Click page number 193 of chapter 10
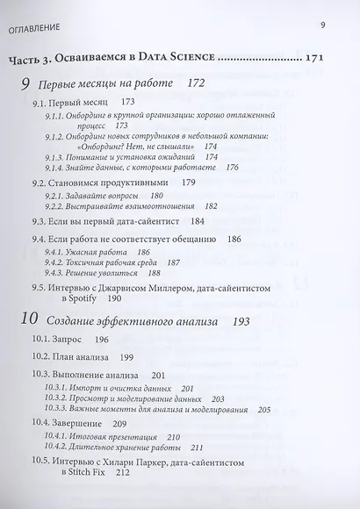(236, 323)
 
